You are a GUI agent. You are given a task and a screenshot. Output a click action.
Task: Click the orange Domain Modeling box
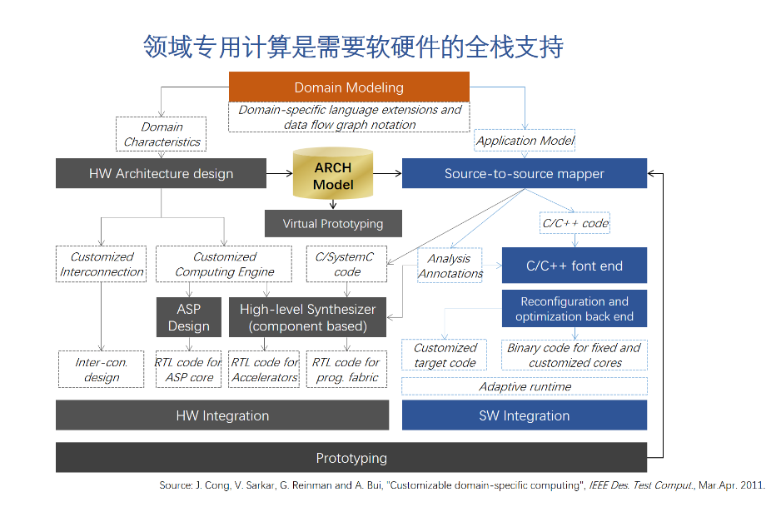point(349,87)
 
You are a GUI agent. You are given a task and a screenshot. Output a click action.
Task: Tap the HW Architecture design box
point(161,174)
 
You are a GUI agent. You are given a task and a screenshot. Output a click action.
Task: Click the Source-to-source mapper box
point(524,174)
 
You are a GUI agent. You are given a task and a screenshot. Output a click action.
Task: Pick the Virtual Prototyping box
point(333,223)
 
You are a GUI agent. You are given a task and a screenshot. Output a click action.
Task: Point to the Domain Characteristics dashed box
point(162,134)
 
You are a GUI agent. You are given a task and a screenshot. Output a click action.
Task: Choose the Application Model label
point(525,141)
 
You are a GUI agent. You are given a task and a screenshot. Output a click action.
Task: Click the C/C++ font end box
point(574,266)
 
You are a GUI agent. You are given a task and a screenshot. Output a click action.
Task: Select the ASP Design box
point(188,317)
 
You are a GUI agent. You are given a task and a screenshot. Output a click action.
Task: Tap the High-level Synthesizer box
point(307,317)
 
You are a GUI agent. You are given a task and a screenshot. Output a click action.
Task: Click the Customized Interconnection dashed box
point(102,264)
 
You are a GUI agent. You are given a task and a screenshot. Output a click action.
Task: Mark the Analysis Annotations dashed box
point(450,266)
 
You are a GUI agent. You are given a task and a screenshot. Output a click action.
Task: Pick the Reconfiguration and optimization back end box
point(574,309)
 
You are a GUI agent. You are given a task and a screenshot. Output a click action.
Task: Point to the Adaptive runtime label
point(525,386)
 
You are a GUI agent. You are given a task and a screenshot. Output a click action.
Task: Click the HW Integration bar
point(222,415)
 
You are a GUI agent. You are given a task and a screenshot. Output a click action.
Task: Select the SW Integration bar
point(524,415)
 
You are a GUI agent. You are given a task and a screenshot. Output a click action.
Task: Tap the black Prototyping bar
point(351,458)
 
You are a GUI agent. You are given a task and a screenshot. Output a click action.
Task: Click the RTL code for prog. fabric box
point(346,370)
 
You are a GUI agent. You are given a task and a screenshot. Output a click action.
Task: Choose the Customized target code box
point(445,355)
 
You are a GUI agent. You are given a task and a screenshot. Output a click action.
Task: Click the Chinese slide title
point(353,47)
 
